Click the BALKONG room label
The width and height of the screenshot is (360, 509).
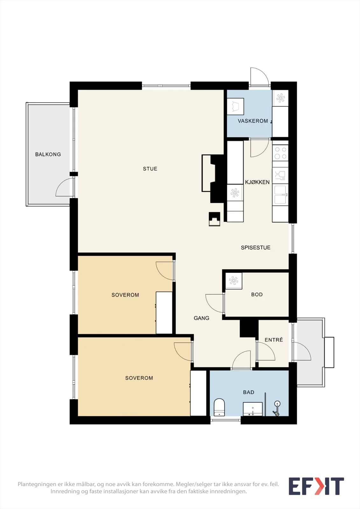pyautogui.click(x=48, y=154)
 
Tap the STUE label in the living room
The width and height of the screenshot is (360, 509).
pyautogui.click(x=150, y=169)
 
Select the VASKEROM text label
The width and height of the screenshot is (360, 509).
pyautogui.click(x=253, y=121)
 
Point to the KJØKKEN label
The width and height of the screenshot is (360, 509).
pyautogui.click(x=257, y=182)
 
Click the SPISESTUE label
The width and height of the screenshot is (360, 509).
pyautogui.click(x=256, y=248)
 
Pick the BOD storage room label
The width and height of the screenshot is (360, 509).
pyautogui.click(x=257, y=295)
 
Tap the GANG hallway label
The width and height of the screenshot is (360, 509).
pyautogui.click(x=201, y=318)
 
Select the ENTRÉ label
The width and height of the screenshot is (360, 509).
pyautogui.click(x=274, y=340)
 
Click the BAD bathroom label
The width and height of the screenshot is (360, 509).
pyautogui.click(x=249, y=392)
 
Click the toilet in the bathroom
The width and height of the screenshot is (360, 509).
pyautogui.click(x=219, y=407)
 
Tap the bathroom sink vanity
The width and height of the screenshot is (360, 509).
pyautogui.click(x=253, y=409)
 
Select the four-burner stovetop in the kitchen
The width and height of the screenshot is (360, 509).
pyautogui.click(x=280, y=153)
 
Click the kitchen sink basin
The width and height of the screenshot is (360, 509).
pyautogui.click(x=280, y=195)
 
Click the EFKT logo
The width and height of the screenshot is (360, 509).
pyautogui.click(x=316, y=486)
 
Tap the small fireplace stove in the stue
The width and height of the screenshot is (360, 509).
pyautogui.click(x=215, y=219)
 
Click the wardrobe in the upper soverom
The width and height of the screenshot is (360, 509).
pyautogui.click(x=164, y=313)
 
